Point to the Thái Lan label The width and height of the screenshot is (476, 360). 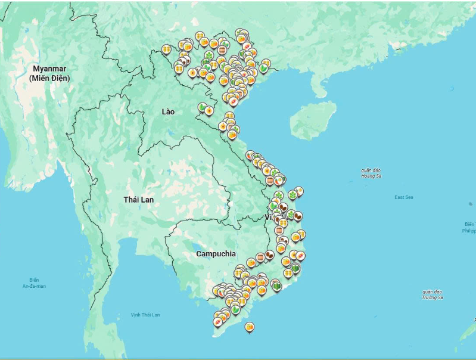(138, 199)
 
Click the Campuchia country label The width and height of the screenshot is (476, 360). (216, 253)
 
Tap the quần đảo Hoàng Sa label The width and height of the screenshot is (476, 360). (371, 173)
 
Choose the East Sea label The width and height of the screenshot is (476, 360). (403, 197)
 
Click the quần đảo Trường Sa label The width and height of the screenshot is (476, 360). (433, 294)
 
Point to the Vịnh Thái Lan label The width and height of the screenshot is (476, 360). (145, 314)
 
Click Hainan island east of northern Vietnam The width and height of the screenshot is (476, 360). (313, 119)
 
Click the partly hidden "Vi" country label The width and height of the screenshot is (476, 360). (269, 217)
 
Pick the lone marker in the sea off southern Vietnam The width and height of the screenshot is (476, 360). (250, 327)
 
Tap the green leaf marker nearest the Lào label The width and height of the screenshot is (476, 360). (203, 107)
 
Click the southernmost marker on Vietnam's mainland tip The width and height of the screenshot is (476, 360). (217, 322)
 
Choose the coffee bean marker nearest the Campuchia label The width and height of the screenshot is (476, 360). (269, 255)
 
